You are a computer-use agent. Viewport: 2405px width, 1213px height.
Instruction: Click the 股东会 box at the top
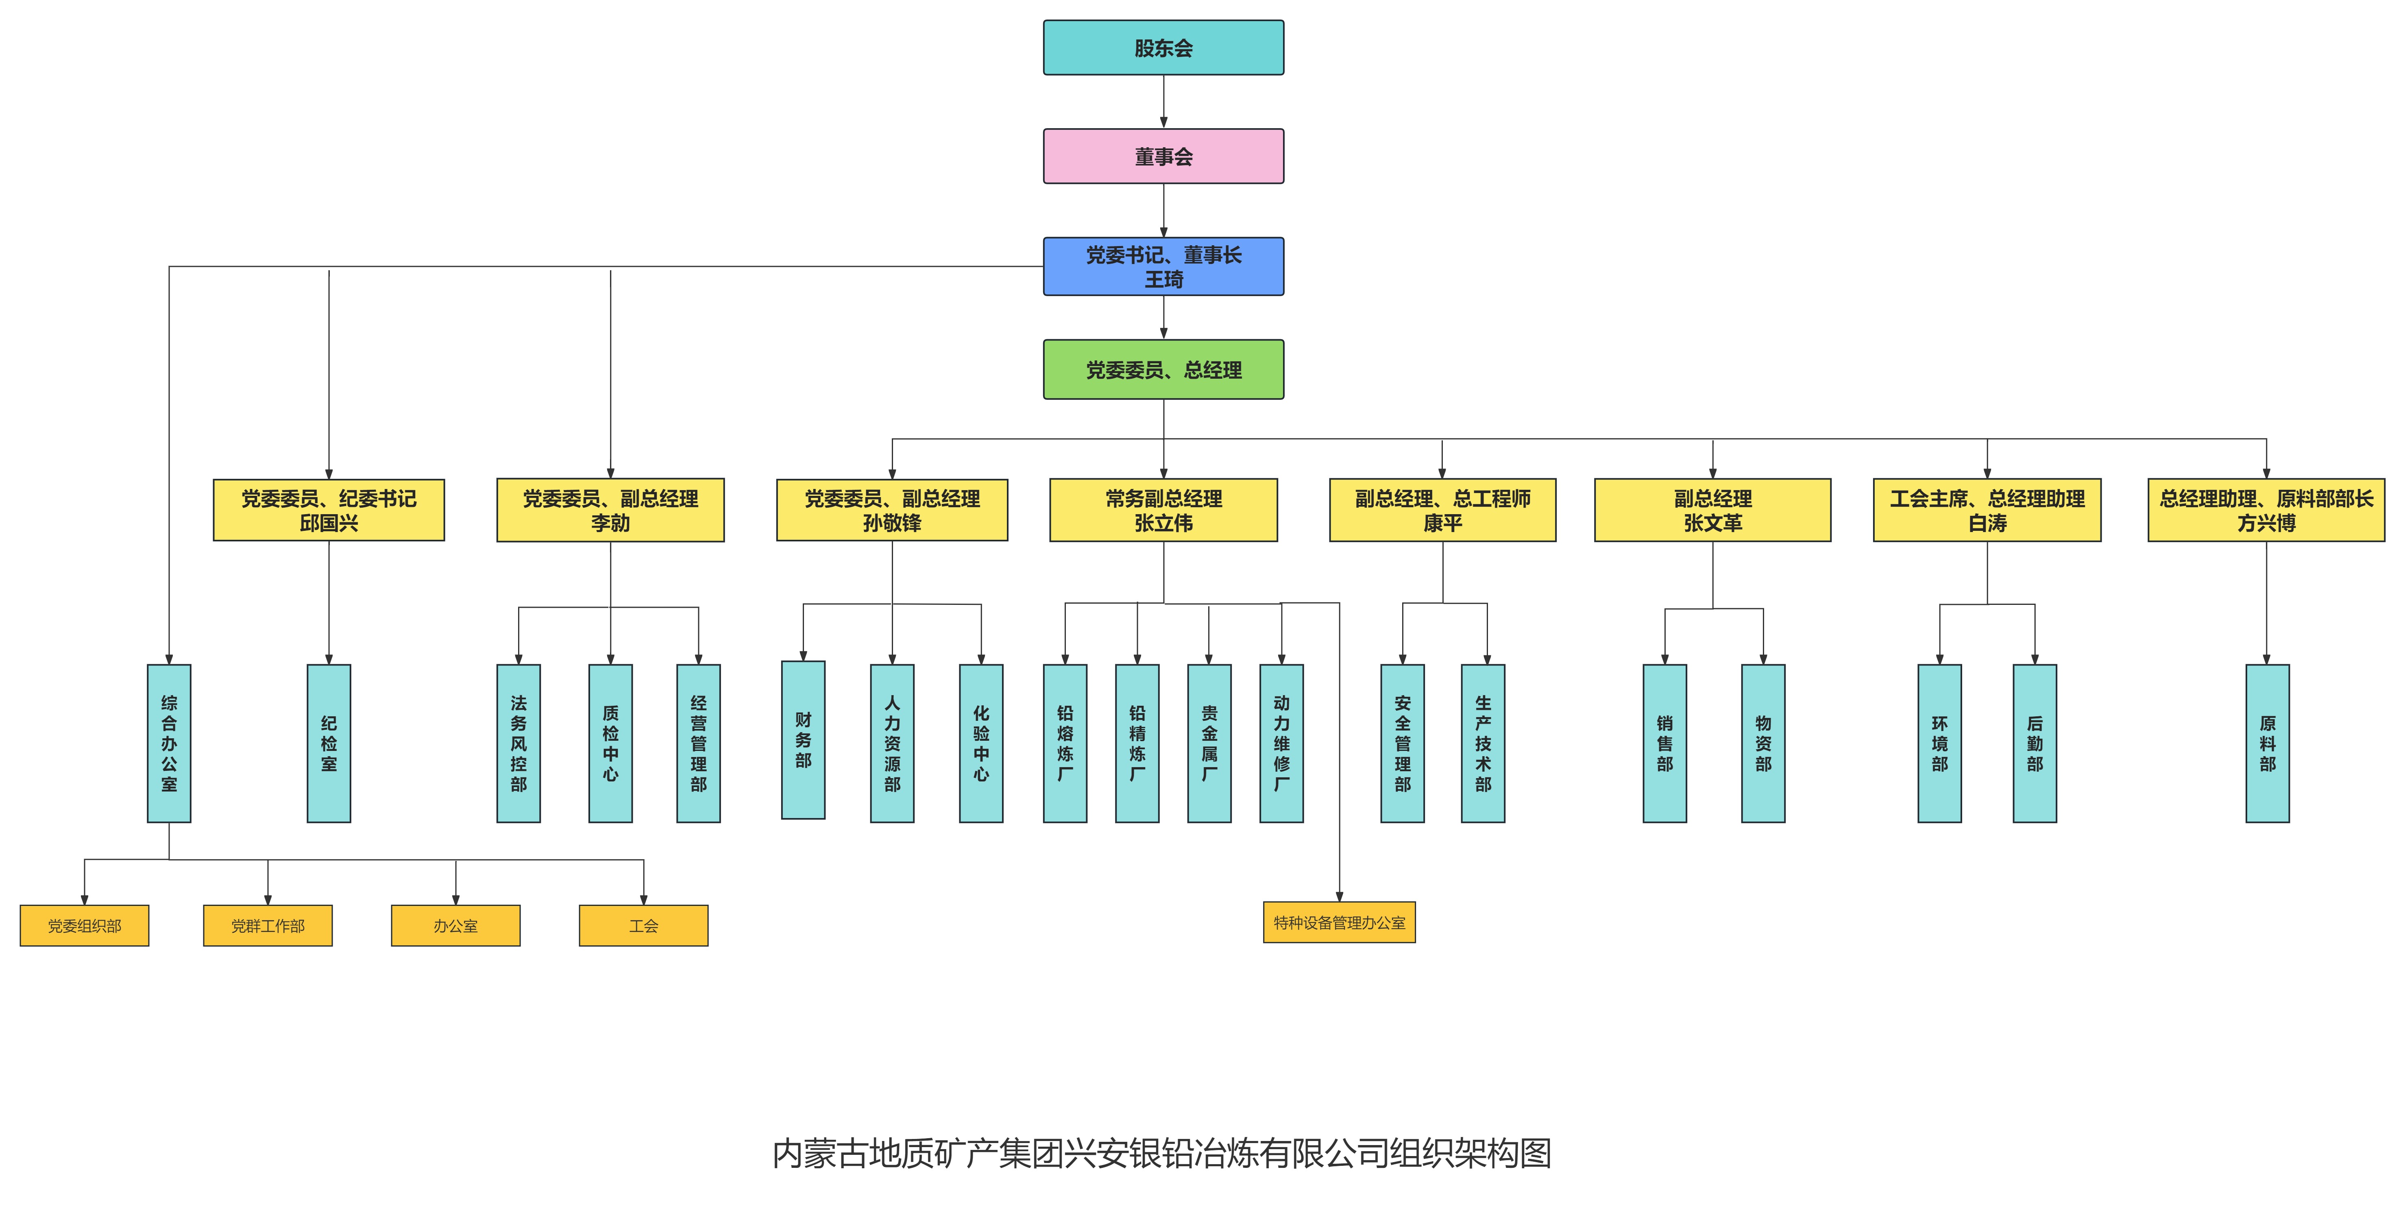tap(1163, 48)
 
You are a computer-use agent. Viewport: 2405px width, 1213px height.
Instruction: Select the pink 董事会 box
tap(1163, 156)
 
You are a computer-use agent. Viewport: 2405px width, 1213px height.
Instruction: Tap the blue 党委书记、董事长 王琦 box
tap(1163, 266)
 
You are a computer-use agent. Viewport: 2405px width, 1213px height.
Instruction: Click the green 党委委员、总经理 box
tap(1163, 370)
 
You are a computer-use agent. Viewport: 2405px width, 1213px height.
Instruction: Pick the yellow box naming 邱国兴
tap(329, 510)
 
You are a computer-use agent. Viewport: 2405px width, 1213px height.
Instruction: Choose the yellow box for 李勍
tap(610, 510)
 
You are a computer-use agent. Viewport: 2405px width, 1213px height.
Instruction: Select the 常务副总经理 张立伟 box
tap(1163, 510)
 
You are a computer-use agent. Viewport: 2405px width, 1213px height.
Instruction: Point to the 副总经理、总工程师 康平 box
tap(1442, 510)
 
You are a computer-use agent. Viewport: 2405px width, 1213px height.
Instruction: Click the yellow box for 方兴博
tap(2266, 510)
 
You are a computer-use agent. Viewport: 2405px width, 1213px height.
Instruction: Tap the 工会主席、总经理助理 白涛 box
tap(1987, 510)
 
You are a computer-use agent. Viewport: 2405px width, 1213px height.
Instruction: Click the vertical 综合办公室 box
tap(169, 743)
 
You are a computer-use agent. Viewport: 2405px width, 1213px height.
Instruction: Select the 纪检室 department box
tap(329, 743)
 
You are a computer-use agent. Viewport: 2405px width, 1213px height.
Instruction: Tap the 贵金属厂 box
tap(1209, 743)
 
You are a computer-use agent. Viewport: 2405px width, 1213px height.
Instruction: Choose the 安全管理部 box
tap(1402, 743)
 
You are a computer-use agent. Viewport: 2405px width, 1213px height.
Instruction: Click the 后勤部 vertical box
tap(2035, 743)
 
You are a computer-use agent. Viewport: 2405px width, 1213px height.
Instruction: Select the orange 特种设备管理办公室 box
tap(1339, 923)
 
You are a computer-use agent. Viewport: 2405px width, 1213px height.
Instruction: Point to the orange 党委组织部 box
tap(84, 925)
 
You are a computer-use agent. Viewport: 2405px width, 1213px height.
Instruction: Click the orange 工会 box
tap(643, 925)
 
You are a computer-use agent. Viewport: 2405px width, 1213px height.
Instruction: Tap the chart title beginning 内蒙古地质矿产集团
tap(1161, 1153)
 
